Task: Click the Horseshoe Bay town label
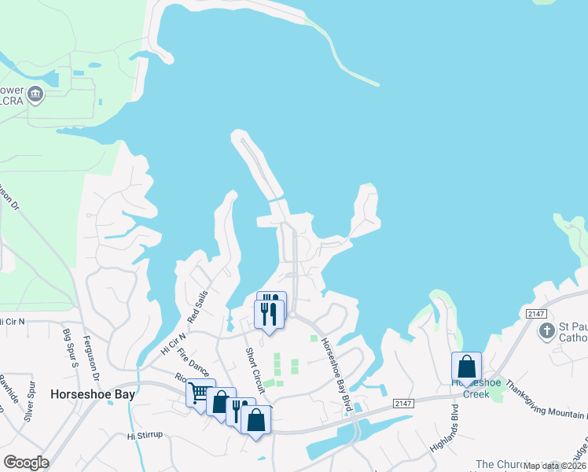point(91,394)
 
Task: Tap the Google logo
point(26,463)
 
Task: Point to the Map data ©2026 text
point(555,466)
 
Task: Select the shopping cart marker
point(200,391)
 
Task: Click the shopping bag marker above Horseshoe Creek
point(466,366)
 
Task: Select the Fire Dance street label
point(193,363)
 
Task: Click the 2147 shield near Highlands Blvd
point(403,403)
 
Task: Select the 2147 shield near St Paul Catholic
point(537,314)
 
